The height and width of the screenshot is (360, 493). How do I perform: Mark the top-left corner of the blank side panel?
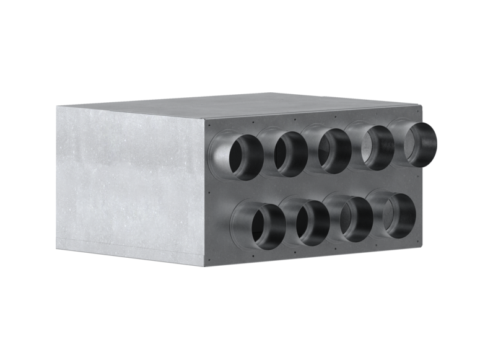56,106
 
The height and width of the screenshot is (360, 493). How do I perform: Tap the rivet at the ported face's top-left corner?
211,122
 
